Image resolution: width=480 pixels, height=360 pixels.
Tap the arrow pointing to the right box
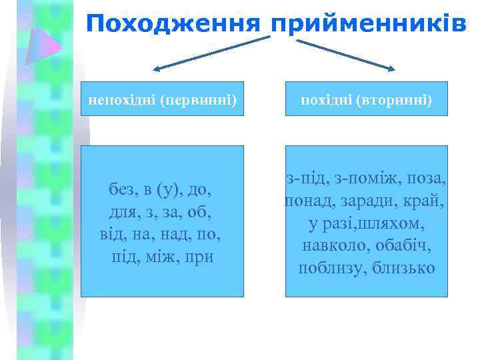click(x=346, y=53)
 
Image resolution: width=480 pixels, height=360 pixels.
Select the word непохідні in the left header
click(x=122, y=101)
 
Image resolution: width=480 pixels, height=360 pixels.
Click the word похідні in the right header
click(x=326, y=101)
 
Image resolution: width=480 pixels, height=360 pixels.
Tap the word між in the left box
click(x=158, y=257)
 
